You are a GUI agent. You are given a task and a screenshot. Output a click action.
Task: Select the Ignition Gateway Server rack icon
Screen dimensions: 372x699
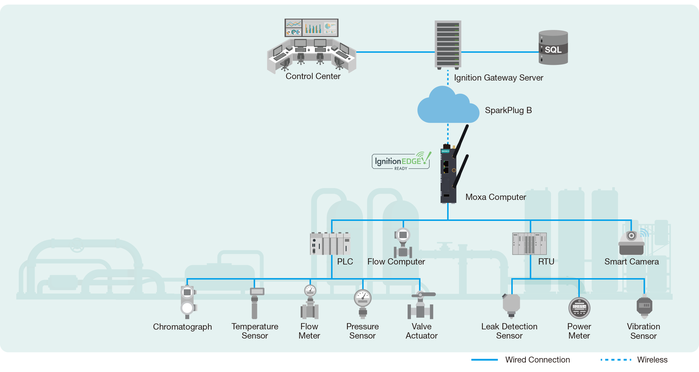[448, 44]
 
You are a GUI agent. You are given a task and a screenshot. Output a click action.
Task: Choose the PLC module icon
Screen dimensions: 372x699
[330, 244]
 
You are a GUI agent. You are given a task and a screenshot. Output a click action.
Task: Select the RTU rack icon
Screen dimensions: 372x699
[529, 244]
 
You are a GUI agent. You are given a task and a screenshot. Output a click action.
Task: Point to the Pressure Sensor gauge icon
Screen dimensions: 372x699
[363, 302]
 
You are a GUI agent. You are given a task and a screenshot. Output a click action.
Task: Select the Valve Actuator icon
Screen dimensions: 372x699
[421, 306]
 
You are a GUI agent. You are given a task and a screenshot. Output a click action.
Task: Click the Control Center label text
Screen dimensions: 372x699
[313, 76]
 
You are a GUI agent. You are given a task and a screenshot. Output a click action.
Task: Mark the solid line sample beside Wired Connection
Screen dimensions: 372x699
[484, 360]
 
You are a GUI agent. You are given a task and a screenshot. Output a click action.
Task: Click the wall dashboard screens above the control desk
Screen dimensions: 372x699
[311, 28]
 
